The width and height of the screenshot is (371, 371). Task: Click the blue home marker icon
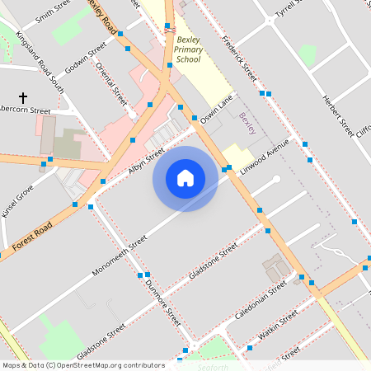coord(185,178)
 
